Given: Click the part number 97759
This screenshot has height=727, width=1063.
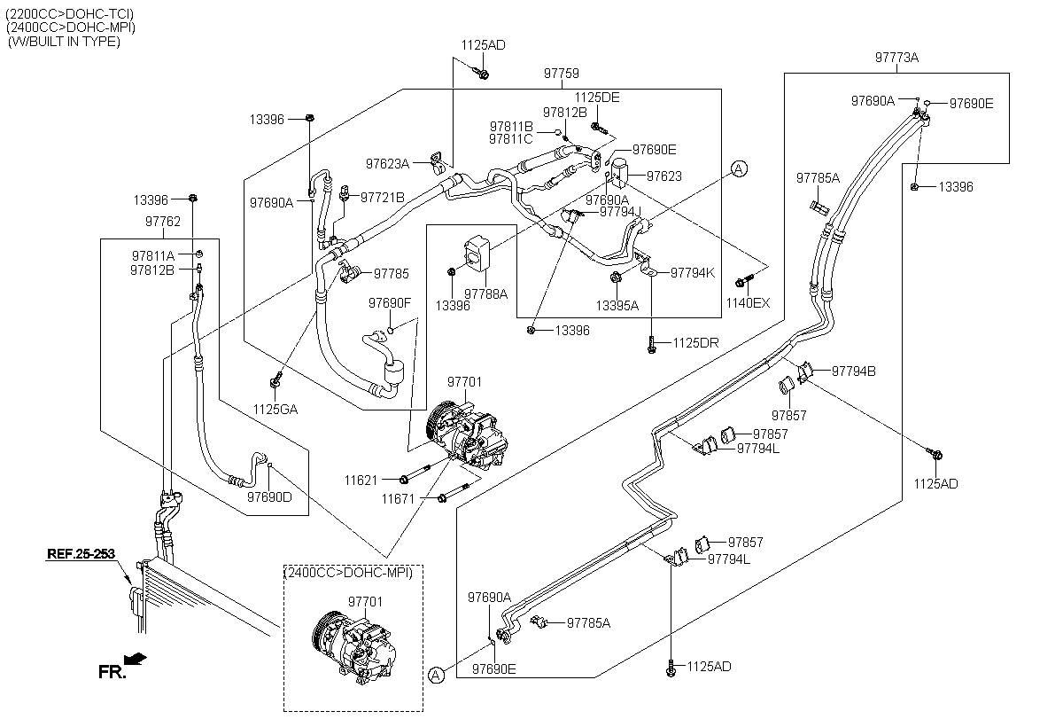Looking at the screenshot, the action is (x=562, y=74).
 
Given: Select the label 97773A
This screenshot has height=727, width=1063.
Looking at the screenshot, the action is (x=896, y=58).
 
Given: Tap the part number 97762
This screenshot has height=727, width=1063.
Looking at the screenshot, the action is (x=163, y=222).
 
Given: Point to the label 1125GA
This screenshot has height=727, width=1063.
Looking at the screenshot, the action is (x=275, y=410).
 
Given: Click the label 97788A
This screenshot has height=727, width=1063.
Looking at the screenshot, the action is (x=486, y=294).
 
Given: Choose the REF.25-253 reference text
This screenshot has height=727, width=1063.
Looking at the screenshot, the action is (x=81, y=554).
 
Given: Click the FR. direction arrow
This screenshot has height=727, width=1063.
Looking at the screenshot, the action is (x=136, y=659).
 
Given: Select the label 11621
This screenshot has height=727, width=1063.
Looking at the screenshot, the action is (x=361, y=481).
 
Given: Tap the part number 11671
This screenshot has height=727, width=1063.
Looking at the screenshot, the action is (x=398, y=499).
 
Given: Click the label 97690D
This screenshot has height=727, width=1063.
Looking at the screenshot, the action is (x=269, y=497).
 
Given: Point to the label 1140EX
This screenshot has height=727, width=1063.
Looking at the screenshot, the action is (x=748, y=303).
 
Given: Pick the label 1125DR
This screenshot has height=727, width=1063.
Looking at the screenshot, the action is (x=695, y=343).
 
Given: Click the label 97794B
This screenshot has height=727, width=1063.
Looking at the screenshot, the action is (x=854, y=371).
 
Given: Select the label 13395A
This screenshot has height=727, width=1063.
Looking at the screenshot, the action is (x=617, y=306).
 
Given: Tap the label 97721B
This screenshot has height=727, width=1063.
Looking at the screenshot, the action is (x=383, y=197).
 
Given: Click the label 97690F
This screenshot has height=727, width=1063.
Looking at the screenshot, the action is (x=390, y=303).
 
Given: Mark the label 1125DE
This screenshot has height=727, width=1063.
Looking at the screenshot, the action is (x=597, y=98).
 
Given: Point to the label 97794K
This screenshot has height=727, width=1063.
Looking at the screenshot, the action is (x=693, y=273).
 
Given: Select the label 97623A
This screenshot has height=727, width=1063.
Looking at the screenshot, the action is (x=387, y=164).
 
